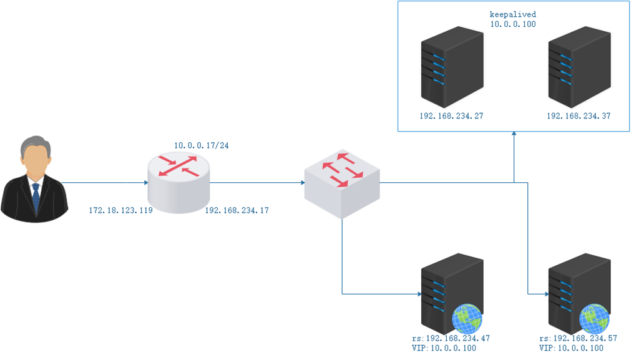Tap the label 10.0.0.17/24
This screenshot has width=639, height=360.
[200, 145]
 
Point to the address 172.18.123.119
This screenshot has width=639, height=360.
[120, 211]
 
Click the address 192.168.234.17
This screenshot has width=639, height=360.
[237, 211]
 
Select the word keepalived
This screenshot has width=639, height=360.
[513, 14]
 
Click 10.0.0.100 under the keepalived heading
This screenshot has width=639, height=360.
[513, 24]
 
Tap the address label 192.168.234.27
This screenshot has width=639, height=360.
[452, 116]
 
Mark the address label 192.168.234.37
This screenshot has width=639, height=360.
[578, 116]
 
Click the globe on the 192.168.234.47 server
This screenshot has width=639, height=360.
[467, 318]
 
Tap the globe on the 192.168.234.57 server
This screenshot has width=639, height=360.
[594, 318]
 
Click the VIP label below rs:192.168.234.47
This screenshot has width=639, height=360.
[444, 348]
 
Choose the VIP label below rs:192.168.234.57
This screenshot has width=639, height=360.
[571, 348]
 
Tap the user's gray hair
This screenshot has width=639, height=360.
[35, 145]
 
